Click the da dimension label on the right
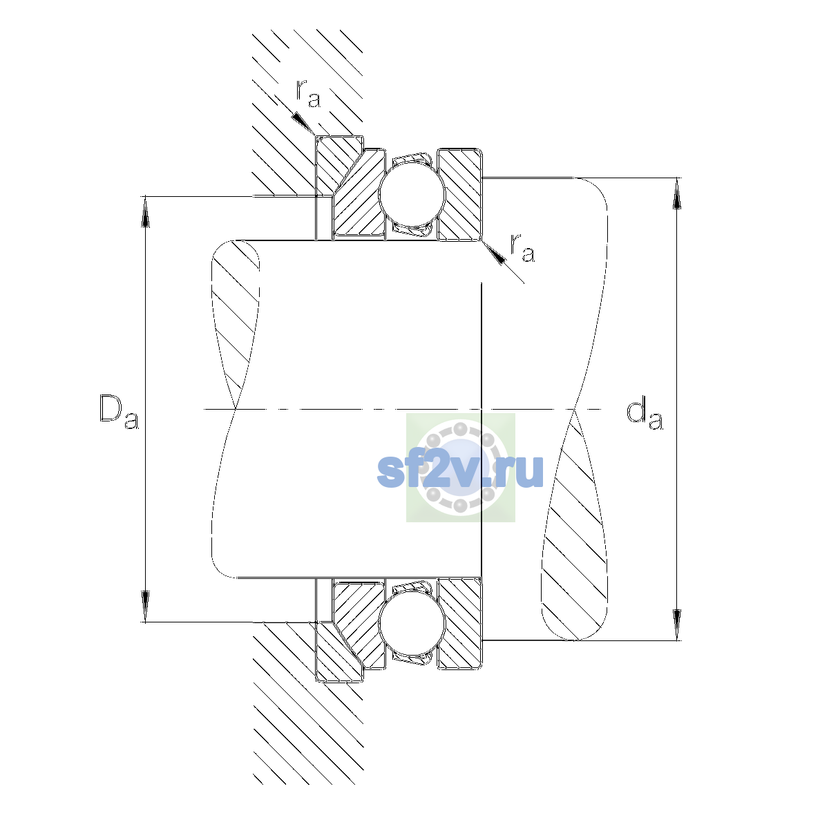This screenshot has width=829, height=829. (x=645, y=415)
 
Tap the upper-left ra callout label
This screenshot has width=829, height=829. (x=308, y=94)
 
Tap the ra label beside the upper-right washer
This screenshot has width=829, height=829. (x=522, y=248)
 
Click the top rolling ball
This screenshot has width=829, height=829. (x=412, y=194)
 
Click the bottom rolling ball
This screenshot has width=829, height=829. (x=412, y=623)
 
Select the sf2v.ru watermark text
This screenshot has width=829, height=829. (x=460, y=471)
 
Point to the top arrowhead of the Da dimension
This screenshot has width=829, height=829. (x=145, y=211)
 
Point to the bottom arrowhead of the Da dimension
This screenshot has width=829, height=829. (x=145, y=607)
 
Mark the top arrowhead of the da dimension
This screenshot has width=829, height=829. (x=677, y=193)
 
